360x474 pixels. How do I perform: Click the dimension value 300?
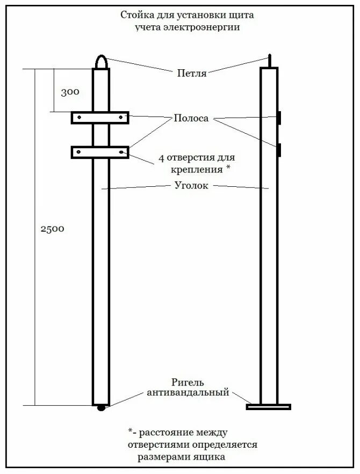point(70,92)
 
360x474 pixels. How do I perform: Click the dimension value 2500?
point(52,229)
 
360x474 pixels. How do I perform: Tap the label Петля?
point(192,74)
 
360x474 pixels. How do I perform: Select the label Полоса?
point(191,119)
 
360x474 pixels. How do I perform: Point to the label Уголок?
point(191,186)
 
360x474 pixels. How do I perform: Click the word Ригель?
point(188,382)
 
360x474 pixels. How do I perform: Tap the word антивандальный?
point(188,393)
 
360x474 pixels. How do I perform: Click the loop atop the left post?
point(101,62)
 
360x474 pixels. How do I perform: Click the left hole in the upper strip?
point(79,118)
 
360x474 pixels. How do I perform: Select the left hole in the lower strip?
point(79,152)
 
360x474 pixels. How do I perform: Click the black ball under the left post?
point(101,409)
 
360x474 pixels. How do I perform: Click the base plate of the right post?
point(268,406)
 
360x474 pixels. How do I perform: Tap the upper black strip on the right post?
point(279,118)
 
